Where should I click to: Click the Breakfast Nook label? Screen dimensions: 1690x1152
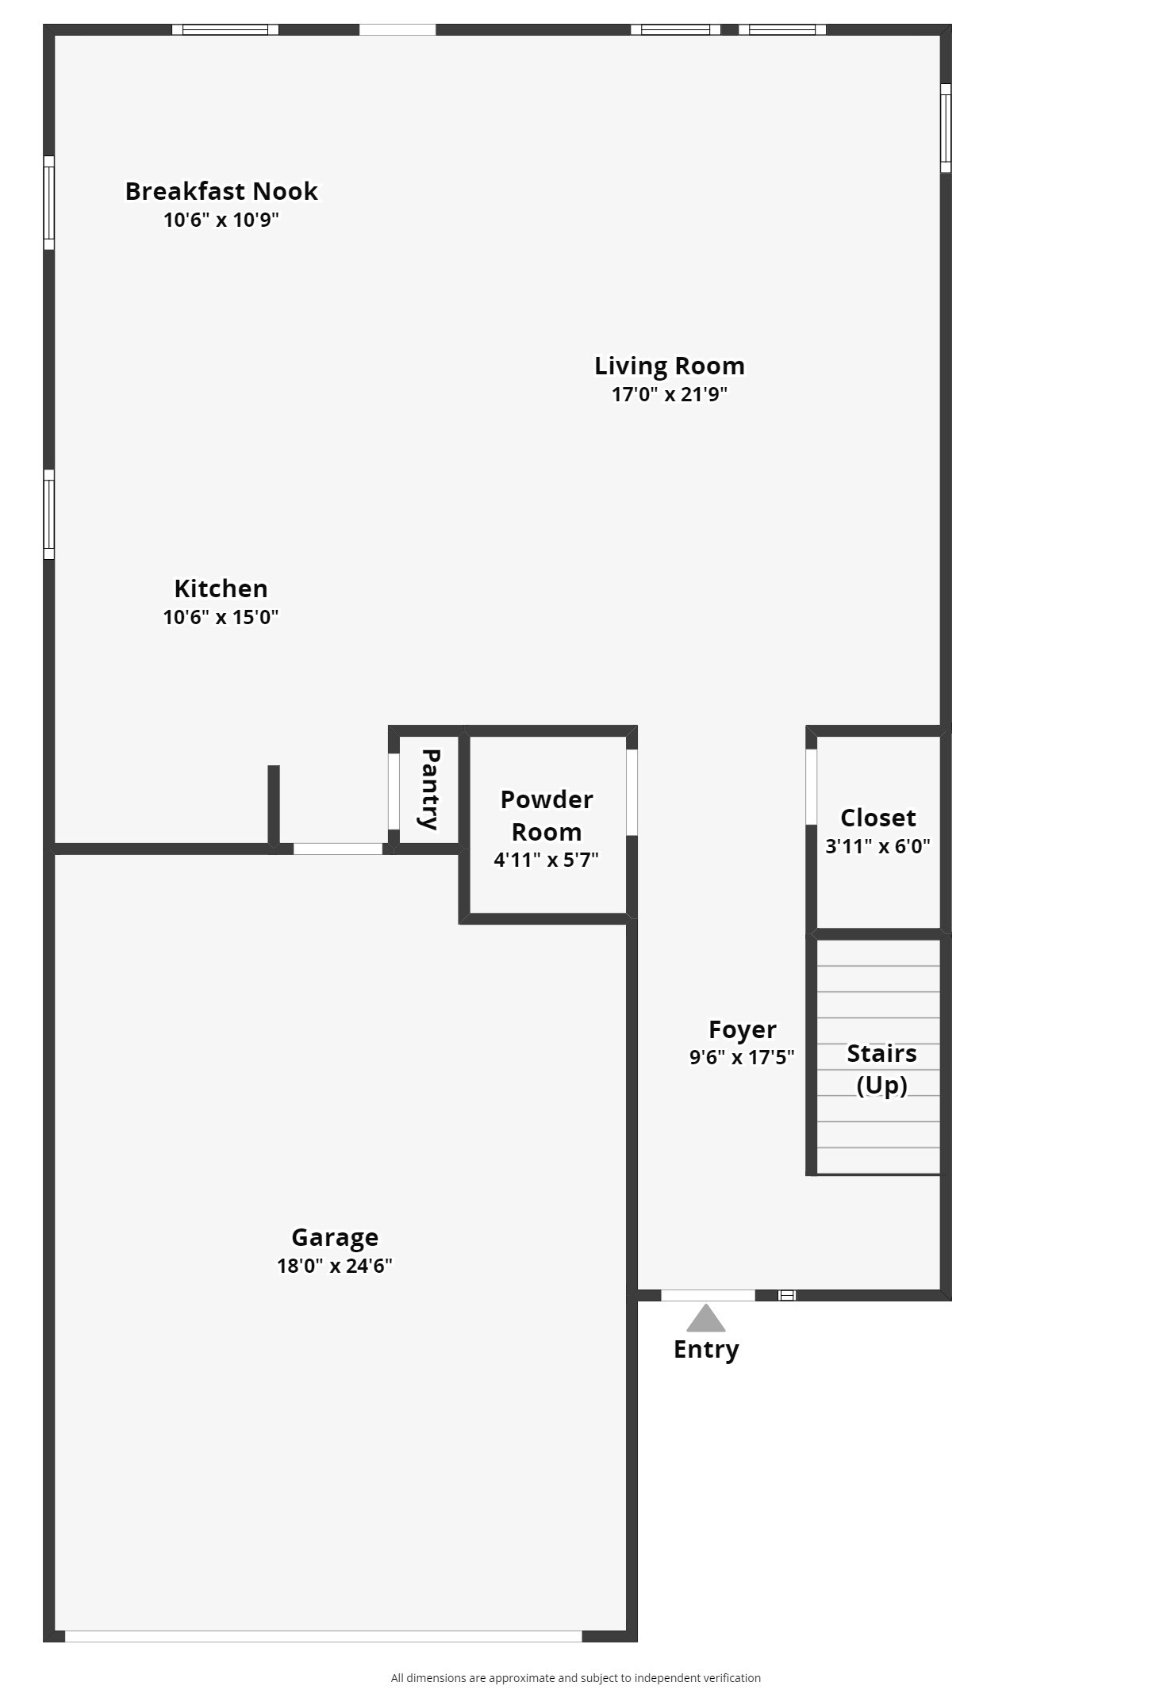221,191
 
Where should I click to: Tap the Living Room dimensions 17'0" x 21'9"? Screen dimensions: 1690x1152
669,394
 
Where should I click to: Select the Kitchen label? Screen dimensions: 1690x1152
221,588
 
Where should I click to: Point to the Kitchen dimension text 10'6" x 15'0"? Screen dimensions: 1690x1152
221,617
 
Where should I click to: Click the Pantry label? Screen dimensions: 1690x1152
430,788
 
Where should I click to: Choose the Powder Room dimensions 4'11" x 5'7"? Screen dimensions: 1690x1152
546,860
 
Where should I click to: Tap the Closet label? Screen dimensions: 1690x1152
877,818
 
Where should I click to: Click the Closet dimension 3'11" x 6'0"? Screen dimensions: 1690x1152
877,846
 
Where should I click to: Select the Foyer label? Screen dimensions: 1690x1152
742,1029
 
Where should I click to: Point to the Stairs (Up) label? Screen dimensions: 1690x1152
881,1068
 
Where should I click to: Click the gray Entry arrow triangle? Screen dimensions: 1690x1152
705,1320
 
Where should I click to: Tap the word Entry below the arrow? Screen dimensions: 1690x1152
706,1349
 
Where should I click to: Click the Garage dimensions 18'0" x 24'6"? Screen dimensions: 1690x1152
334,1266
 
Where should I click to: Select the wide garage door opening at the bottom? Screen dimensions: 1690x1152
323,1636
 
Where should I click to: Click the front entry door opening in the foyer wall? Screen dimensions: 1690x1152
708,1296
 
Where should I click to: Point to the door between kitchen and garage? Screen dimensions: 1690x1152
338,849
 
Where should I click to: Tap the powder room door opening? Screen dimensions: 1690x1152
632,792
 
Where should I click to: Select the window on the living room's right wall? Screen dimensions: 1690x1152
945,128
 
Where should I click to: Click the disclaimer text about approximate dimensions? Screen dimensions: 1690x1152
575,1678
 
